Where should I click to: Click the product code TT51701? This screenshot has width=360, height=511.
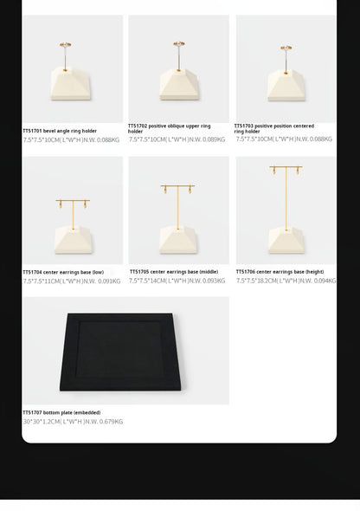point(31,132)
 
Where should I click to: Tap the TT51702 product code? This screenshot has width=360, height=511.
point(138,126)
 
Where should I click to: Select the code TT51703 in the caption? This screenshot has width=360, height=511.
point(244,126)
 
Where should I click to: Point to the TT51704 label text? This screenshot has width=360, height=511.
point(32,273)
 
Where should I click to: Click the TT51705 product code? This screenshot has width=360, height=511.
point(139,272)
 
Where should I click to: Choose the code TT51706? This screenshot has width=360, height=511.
point(245,272)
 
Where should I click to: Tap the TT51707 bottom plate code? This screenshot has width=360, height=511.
point(32,413)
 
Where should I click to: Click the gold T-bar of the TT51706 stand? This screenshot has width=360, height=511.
point(286,168)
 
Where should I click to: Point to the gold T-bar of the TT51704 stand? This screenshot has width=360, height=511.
point(73,201)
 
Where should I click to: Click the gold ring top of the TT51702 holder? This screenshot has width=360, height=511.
point(178,44)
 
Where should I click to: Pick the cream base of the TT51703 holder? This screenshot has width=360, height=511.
point(286,84)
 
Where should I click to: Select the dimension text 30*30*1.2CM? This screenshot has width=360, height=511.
point(41,422)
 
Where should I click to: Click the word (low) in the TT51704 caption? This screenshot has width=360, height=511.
point(98,273)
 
